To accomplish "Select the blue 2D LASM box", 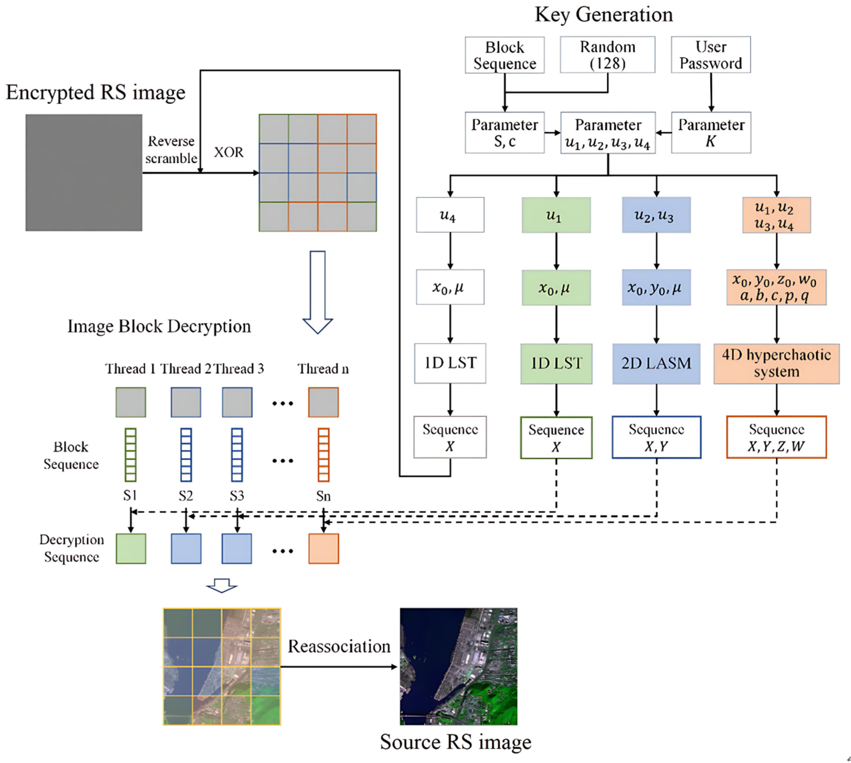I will pyautogui.click(x=656, y=363).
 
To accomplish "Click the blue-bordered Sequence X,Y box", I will pyautogui.click(x=656, y=437).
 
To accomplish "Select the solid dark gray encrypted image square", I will pyautogui.click(x=84, y=172).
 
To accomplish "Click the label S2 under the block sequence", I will pyautogui.click(x=186, y=496).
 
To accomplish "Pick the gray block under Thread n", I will pyautogui.click(x=323, y=402).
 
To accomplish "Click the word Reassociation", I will pyautogui.click(x=339, y=646).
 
